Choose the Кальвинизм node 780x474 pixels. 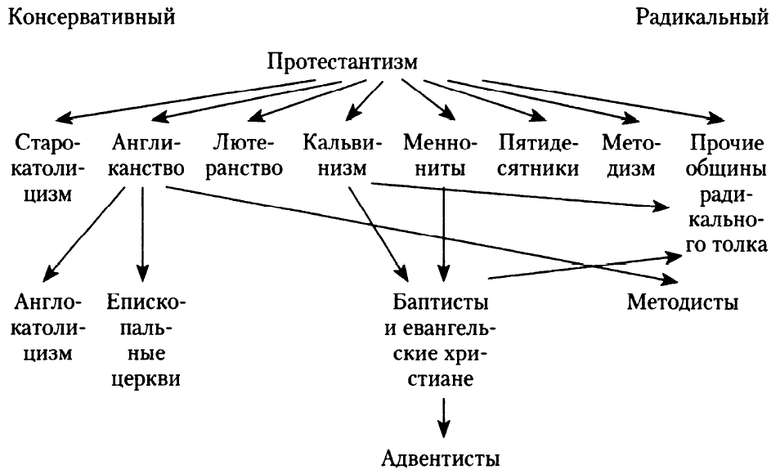click(341, 157)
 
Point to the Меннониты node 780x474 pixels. click(440, 157)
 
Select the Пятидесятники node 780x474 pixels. click(539, 157)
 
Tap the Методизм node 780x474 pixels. click(630, 157)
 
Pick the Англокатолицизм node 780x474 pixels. click(47, 329)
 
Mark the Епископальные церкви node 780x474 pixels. click(146, 342)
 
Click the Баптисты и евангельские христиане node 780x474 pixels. click(442, 342)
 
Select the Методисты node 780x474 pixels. click(683, 303)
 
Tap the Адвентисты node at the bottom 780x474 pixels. click(441, 454)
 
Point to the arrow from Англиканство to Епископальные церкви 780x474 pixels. click(143, 233)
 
